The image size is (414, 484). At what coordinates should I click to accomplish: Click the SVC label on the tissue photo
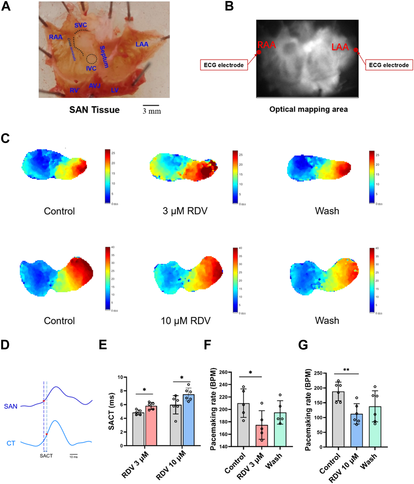point(81,25)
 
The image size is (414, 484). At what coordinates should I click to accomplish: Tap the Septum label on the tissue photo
point(104,57)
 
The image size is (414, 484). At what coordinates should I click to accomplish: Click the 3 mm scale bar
point(151,105)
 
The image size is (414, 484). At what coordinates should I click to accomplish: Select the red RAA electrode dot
point(259,52)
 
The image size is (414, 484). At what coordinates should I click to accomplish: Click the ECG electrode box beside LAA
point(389,65)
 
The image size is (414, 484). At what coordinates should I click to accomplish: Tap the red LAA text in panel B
point(340,48)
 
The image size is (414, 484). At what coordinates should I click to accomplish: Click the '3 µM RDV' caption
point(185,211)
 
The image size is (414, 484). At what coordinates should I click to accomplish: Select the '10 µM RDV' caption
point(186,321)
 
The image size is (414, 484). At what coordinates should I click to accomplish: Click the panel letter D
point(5,345)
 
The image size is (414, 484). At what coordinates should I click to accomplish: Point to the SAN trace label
point(11,407)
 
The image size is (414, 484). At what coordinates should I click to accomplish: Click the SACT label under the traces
point(46,456)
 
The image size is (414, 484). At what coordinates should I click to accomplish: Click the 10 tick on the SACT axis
point(120,377)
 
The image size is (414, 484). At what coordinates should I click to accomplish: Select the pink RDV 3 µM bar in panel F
point(262,436)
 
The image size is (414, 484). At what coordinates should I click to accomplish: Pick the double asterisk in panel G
point(346,370)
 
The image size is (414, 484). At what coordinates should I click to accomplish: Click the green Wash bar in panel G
point(375,427)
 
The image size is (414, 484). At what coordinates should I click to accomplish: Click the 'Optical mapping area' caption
point(308,109)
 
